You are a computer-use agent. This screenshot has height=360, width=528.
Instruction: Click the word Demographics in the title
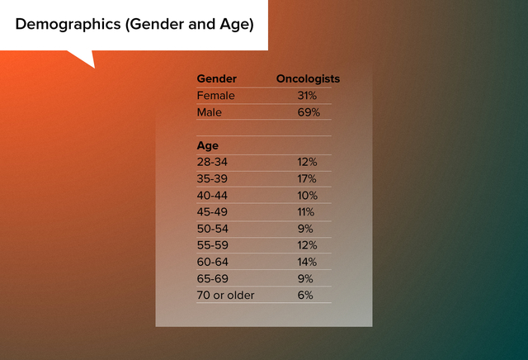coord(68,25)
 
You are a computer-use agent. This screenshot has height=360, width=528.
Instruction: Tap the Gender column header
coord(216,79)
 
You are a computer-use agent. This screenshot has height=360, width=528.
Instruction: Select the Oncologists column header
coord(308,79)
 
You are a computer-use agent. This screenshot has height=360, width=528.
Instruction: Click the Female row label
coord(215,96)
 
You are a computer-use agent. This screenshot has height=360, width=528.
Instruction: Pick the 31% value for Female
coord(307,96)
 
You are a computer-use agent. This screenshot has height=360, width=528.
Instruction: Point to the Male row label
coord(209,112)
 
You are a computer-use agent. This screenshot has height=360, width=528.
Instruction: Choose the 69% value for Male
coord(309,112)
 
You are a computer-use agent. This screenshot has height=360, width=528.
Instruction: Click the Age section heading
coord(207,146)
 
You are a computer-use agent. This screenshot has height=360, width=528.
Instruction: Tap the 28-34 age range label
coord(212,162)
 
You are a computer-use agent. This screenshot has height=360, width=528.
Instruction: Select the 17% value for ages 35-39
coord(306,178)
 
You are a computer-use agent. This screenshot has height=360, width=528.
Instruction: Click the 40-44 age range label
coord(212,196)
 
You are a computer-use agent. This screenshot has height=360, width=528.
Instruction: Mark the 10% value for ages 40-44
coord(307,196)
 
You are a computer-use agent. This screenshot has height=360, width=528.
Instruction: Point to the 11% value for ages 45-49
coord(305,212)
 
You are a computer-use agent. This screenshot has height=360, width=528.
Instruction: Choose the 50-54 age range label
coord(213,229)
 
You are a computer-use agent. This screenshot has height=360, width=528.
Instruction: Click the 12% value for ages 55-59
coord(307,245)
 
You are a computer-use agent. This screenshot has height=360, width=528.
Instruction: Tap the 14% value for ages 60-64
coord(307,262)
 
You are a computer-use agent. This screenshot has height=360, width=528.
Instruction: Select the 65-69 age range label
coord(213,279)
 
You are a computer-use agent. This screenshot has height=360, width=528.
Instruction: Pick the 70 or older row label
coord(225,296)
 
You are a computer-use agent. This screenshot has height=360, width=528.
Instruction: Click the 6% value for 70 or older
coord(305,296)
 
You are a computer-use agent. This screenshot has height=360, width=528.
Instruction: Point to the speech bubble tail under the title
coord(85,58)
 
